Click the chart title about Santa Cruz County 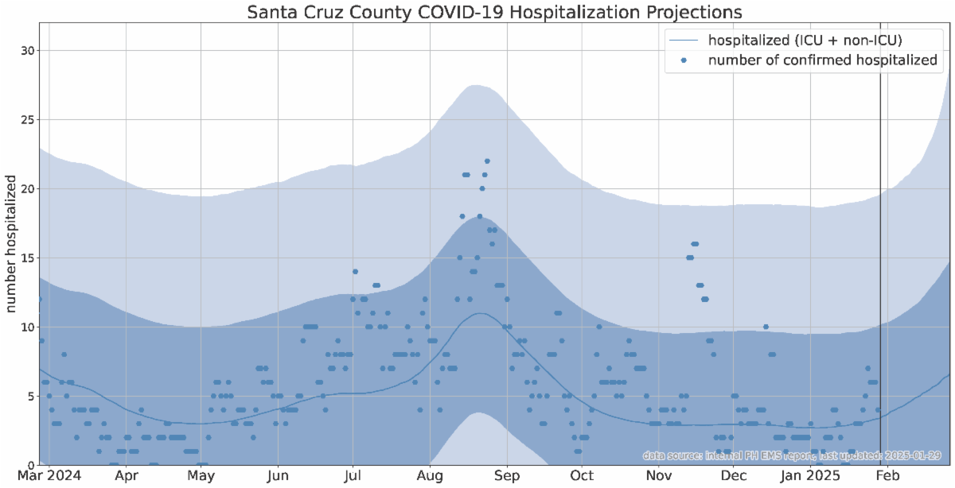coord(494,13)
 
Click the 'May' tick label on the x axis coord(201,476)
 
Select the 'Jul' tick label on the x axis coord(353,476)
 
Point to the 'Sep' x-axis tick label coord(506,476)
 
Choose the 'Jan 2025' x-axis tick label coord(807,476)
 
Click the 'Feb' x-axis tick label coord(888,476)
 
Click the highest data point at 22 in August coord(487,161)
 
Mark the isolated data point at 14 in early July coord(355,272)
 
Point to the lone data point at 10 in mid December coord(766,327)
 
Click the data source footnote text coord(792,456)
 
